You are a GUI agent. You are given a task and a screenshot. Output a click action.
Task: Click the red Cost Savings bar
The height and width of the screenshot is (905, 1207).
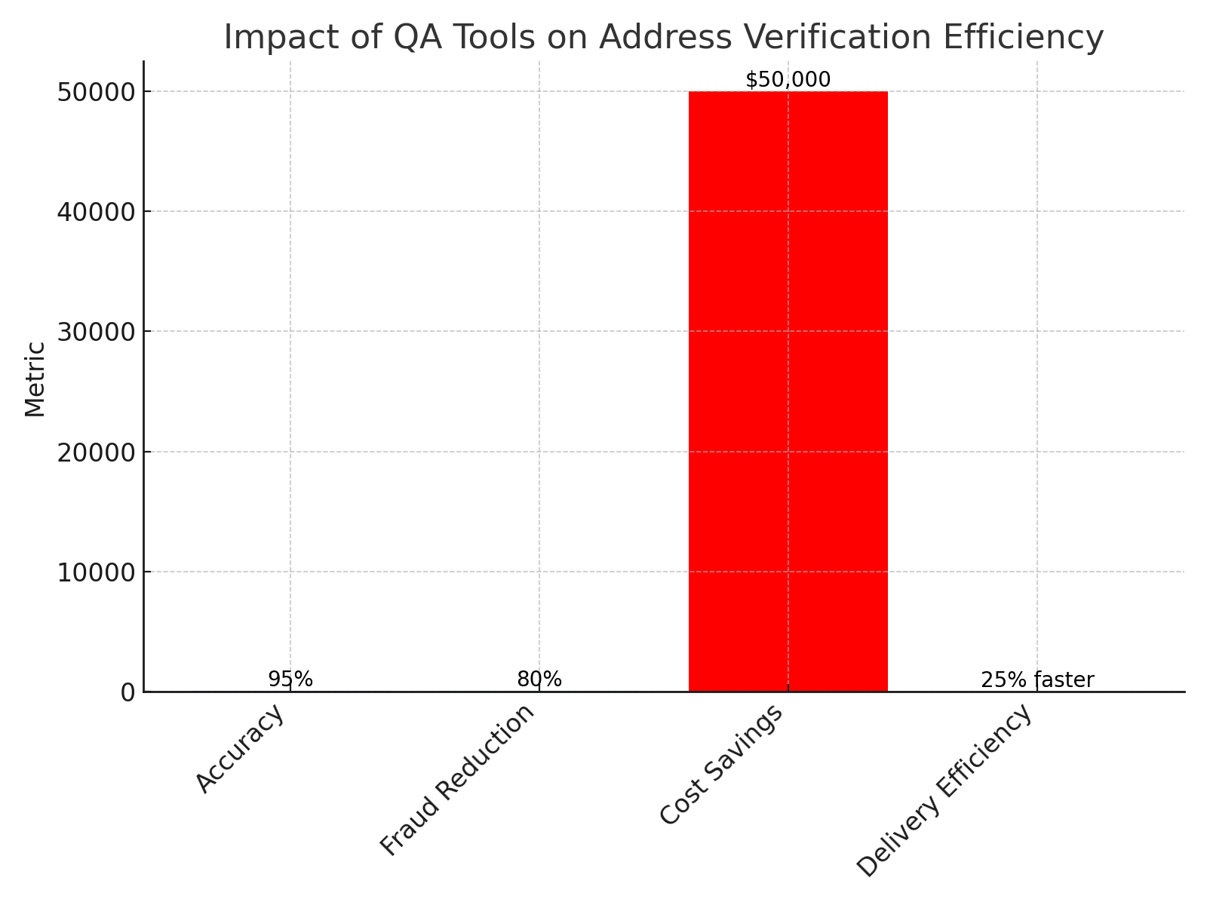click(x=788, y=392)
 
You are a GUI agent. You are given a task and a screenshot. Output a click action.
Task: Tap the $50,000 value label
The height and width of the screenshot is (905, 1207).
click(x=788, y=80)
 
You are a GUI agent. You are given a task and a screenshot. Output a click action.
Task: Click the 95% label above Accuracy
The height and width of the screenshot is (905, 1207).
click(x=290, y=680)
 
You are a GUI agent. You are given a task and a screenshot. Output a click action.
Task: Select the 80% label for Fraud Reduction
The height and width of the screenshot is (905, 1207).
click(x=539, y=680)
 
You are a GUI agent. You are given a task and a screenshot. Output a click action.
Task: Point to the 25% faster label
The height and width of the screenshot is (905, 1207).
click(x=1037, y=680)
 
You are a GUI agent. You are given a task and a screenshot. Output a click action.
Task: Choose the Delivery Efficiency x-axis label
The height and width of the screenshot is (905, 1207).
click(x=944, y=790)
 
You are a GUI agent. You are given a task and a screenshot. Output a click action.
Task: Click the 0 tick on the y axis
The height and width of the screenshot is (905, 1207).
click(x=127, y=692)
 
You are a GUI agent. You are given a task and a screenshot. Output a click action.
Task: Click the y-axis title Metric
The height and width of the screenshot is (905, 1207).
click(x=35, y=379)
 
